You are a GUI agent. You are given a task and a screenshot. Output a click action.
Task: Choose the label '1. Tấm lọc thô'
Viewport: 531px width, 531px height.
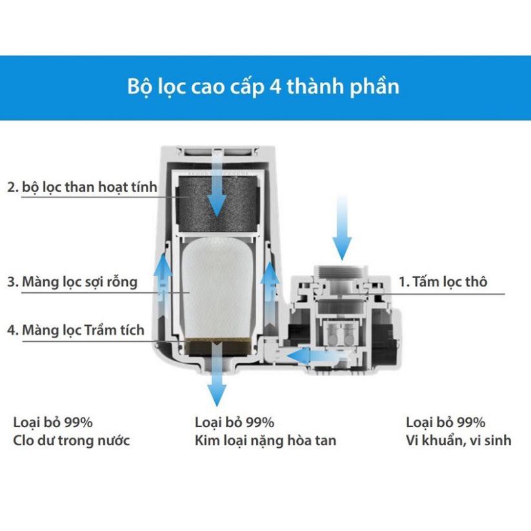point(443,282)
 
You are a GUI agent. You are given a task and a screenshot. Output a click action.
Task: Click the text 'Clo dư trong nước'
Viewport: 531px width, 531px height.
point(72,441)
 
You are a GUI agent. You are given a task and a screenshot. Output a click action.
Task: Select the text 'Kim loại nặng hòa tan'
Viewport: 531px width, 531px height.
point(265,441)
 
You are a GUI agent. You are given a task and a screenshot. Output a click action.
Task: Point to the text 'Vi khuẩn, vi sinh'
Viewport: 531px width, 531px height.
point(458,441)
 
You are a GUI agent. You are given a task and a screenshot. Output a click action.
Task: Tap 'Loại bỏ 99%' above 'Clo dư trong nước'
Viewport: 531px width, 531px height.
point(53,423)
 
